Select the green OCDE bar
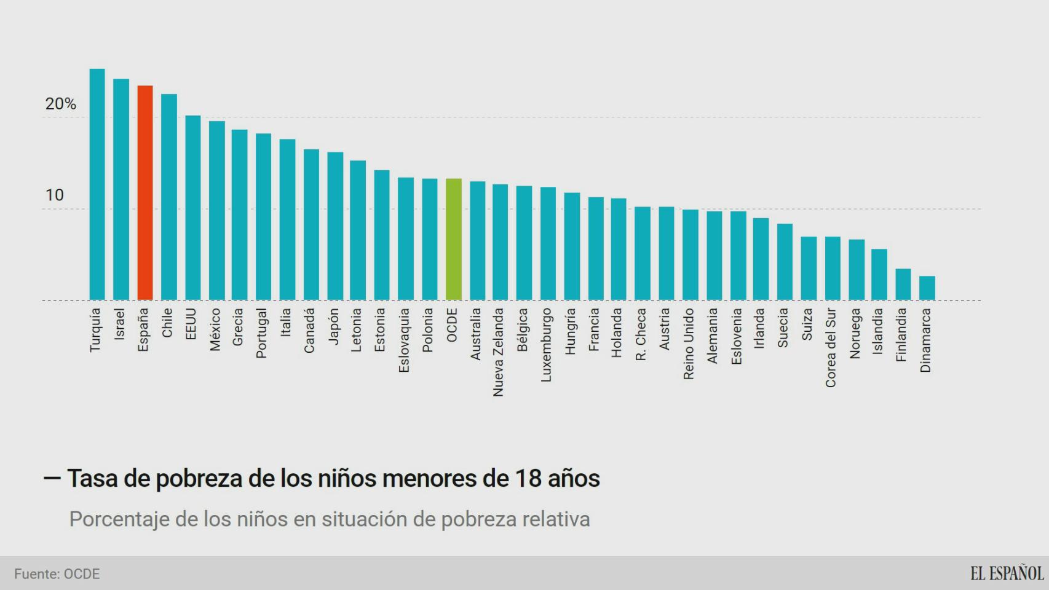453,239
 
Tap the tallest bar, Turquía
97,184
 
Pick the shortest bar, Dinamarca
927,288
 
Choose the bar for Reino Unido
690,255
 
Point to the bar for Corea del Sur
832,269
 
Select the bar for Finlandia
903,285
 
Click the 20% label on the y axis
60,104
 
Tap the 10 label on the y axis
54,195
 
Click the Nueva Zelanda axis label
498,352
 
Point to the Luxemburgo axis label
546,345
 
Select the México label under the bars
215,329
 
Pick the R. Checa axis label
641,334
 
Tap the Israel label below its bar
120,324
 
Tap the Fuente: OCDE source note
57,574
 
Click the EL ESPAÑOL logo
1007,573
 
